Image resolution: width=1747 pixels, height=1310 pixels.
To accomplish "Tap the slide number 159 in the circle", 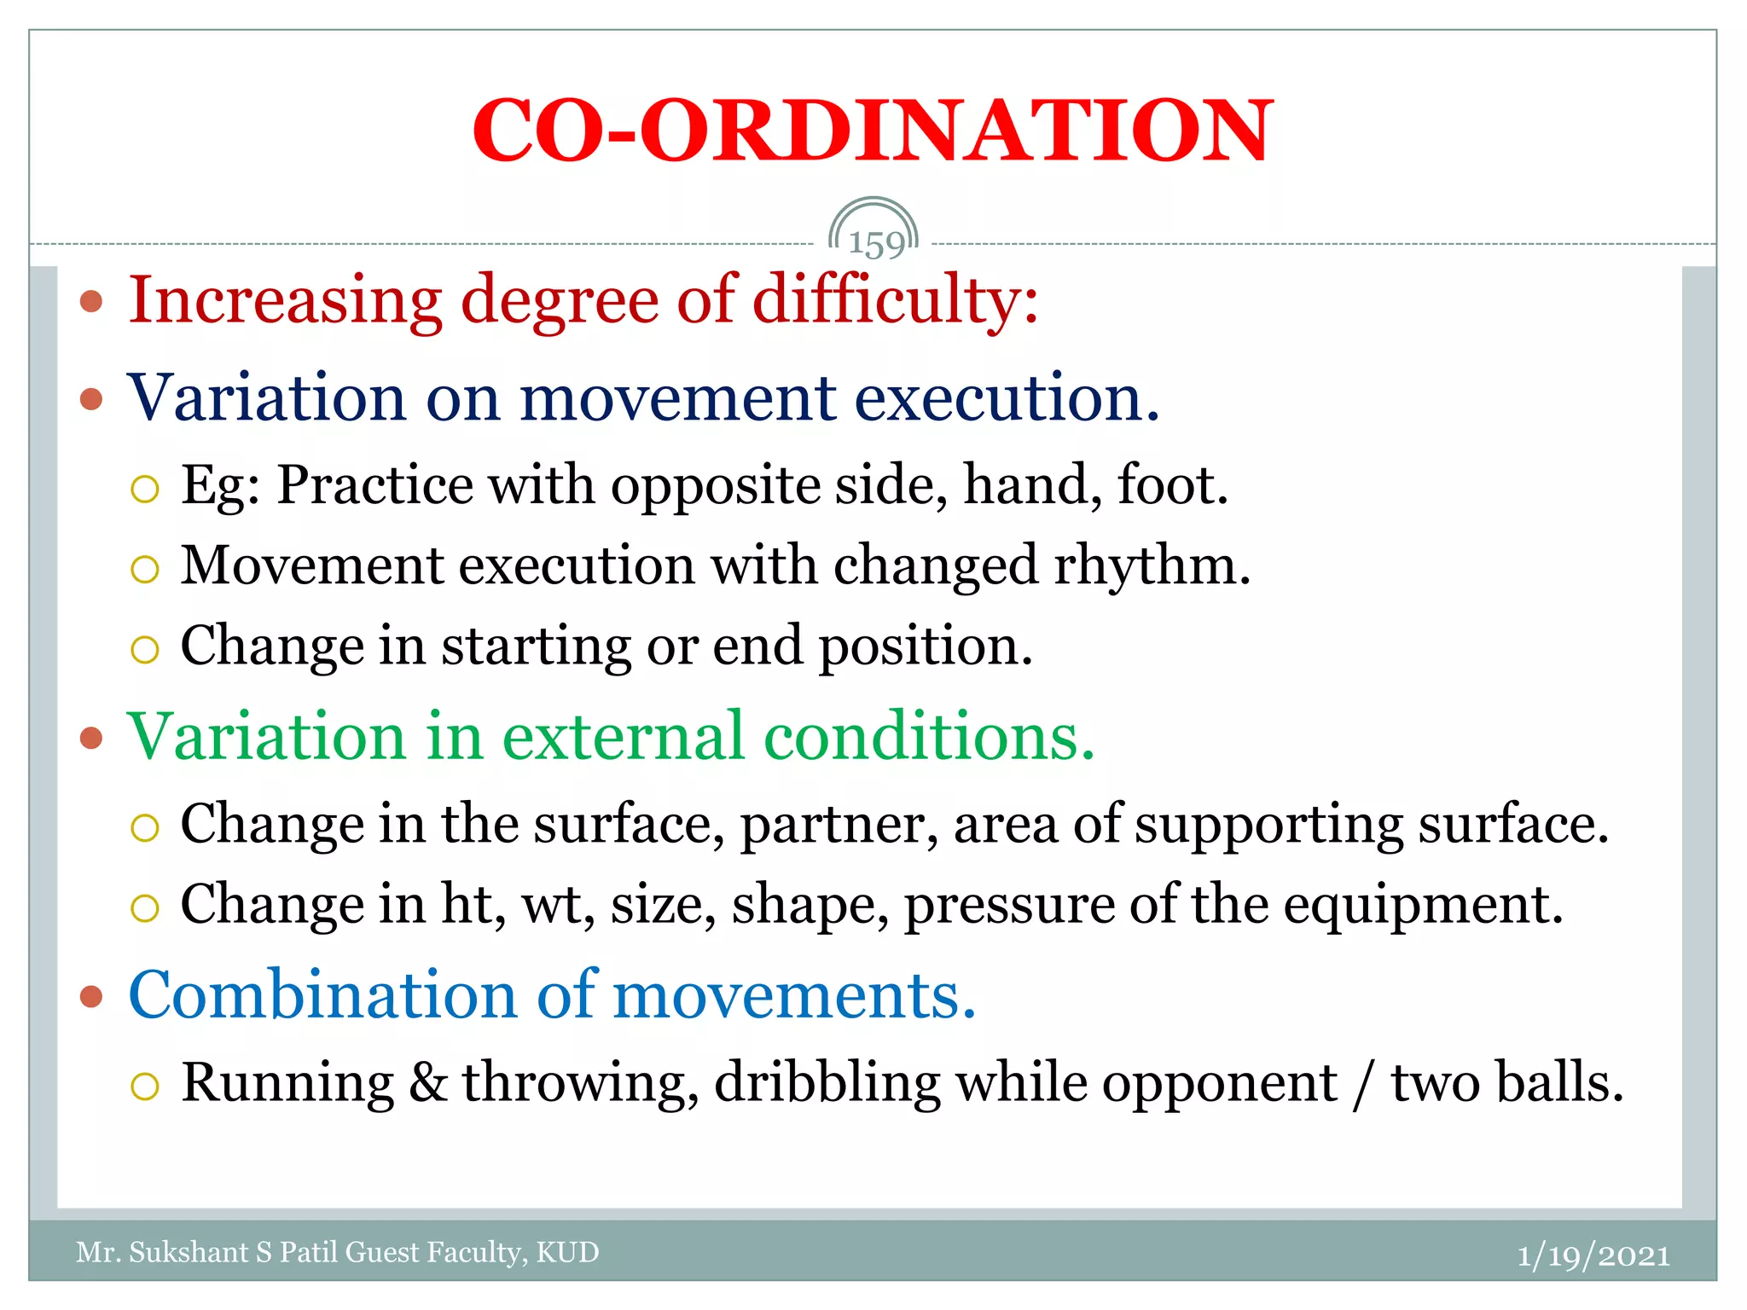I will coord(875,244).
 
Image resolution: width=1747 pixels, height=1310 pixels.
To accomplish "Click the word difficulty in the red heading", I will coord(896,300).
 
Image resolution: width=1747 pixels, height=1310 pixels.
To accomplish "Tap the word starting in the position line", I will coord(536,646).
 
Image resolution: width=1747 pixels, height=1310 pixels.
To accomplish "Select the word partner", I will coord(839,826).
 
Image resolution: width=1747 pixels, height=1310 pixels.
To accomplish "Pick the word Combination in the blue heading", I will coord(322,995).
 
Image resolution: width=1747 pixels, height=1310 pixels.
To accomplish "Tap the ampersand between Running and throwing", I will coord(428,1083).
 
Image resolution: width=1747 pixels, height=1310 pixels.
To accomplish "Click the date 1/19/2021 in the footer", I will coord(1593,1255).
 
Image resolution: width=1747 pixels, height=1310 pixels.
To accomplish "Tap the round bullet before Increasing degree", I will coord(91,301).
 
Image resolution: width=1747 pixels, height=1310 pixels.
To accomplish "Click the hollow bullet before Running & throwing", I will coord(145,1086).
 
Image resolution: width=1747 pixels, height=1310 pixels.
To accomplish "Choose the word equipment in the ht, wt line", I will coord(1422,906).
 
